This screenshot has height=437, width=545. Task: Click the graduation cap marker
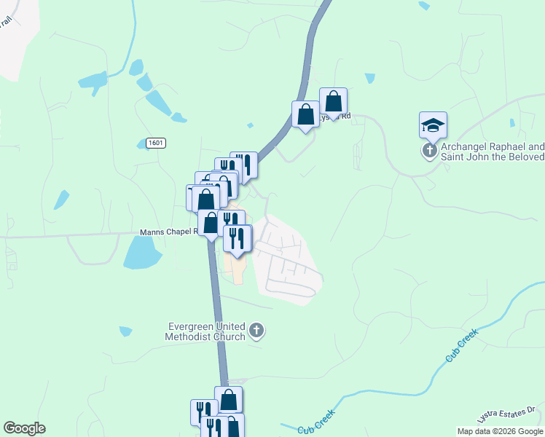(x=433, y=126)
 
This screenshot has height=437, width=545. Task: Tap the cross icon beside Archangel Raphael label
(x=430, y=151)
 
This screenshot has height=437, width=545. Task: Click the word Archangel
(x=464, y=146)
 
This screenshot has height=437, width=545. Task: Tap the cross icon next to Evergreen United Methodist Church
(x=256, y=331)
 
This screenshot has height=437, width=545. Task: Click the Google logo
(x=24, y=428)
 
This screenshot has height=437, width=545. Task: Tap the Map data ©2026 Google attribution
(x=499, y=431)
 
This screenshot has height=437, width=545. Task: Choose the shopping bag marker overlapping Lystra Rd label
(x=333, y=102)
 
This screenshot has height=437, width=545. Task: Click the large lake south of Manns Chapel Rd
(x=142, y=253)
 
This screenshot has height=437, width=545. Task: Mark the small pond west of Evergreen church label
(x=125, y=331)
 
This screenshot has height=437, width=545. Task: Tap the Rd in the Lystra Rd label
(x=346, y=116)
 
